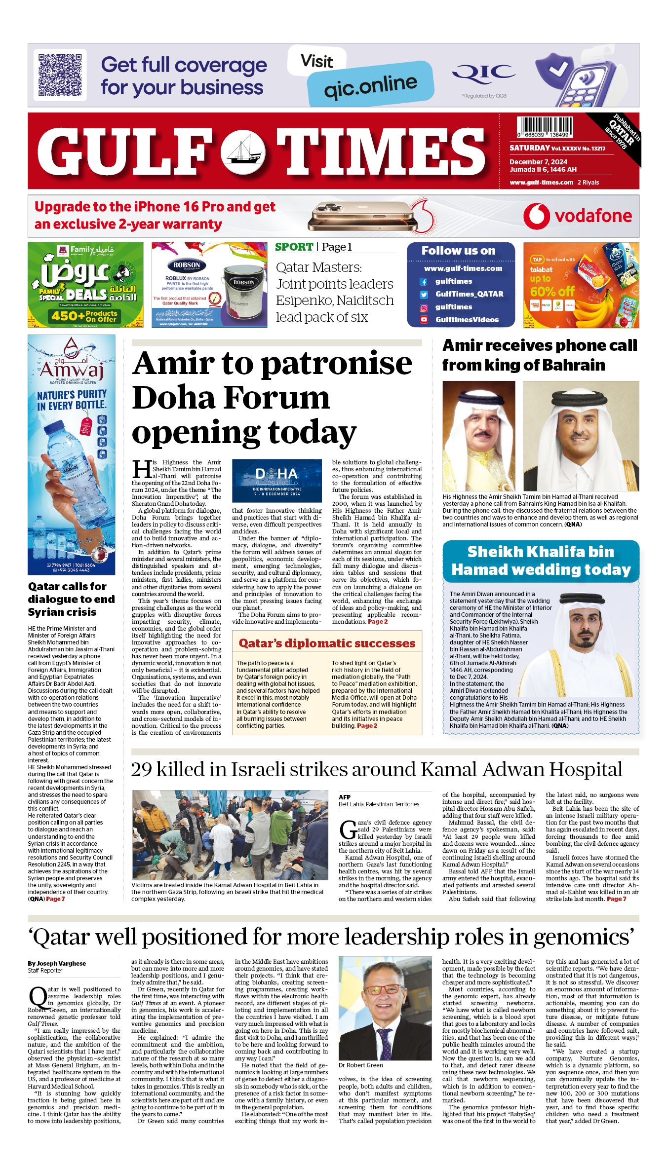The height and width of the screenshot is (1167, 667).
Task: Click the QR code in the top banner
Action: [60, 75]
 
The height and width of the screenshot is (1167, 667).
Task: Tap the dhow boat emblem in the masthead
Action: [242, 151]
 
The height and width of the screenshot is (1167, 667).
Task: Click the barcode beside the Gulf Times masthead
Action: [545, 127]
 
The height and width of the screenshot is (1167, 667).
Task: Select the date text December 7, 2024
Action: [538, 162]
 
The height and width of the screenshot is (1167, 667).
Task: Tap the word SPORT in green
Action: [294, 247]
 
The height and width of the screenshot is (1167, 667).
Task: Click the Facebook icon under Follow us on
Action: [424, 282]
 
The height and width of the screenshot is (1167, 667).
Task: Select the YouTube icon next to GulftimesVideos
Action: [424, 320]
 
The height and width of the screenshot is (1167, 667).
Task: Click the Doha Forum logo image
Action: [276, 481]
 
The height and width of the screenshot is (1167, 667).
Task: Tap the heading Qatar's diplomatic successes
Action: [327, 643]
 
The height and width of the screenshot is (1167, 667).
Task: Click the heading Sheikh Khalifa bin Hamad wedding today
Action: [541, 561]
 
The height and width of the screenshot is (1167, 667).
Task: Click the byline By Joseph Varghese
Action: [57, 963]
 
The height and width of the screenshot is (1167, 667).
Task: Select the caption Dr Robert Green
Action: [360, 1065]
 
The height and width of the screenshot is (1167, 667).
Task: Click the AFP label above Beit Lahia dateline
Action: [345, 797]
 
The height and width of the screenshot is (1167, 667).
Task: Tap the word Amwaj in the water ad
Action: [72, 369]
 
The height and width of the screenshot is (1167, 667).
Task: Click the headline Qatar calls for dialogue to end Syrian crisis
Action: [71, 599]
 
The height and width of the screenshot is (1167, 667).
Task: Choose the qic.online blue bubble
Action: [370, 84]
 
